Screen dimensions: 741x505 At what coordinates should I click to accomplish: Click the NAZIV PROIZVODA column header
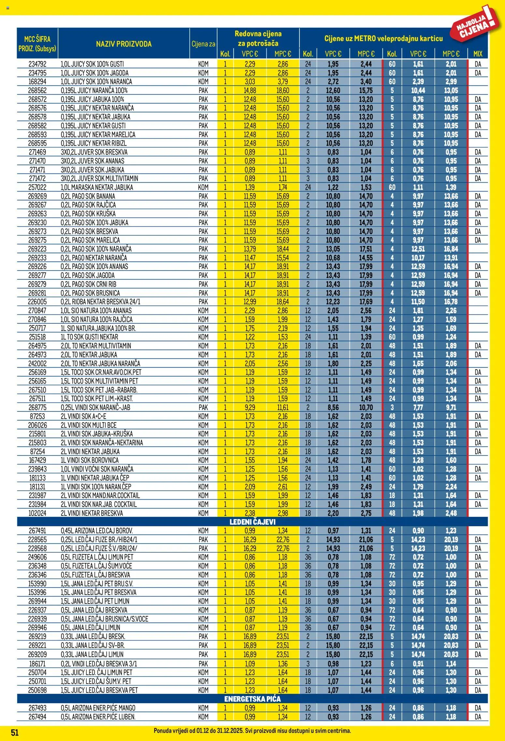point(124,44)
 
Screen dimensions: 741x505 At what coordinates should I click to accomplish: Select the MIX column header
point(478,54)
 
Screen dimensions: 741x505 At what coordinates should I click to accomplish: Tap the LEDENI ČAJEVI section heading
point(252,522)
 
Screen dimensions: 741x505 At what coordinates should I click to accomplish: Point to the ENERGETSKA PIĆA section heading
point(252,699)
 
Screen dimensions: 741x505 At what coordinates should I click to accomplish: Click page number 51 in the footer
point(15,733)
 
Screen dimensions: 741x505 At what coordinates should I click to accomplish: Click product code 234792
point(37,64)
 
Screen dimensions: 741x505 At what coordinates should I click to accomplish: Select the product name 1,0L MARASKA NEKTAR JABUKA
point(97,187)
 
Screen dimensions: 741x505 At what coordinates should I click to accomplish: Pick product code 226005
point(37,302)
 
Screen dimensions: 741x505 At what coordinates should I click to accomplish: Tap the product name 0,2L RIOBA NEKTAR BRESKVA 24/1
point(100,302)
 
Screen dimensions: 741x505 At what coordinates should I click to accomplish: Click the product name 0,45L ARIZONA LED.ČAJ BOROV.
point(97,531)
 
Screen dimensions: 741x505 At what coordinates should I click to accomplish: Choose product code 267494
point(37,717)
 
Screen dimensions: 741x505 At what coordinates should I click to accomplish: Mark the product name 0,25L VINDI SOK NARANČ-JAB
point(95,407)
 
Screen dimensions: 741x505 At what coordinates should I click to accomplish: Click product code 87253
point(37,416)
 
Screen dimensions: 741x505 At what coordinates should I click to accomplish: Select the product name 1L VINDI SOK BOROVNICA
point(90,460)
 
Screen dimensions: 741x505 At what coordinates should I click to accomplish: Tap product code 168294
point(37,82)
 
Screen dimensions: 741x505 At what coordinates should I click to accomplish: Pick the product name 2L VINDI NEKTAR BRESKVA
point(92,513)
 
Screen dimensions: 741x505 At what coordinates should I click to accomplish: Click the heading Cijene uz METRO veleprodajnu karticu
point(383,38)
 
